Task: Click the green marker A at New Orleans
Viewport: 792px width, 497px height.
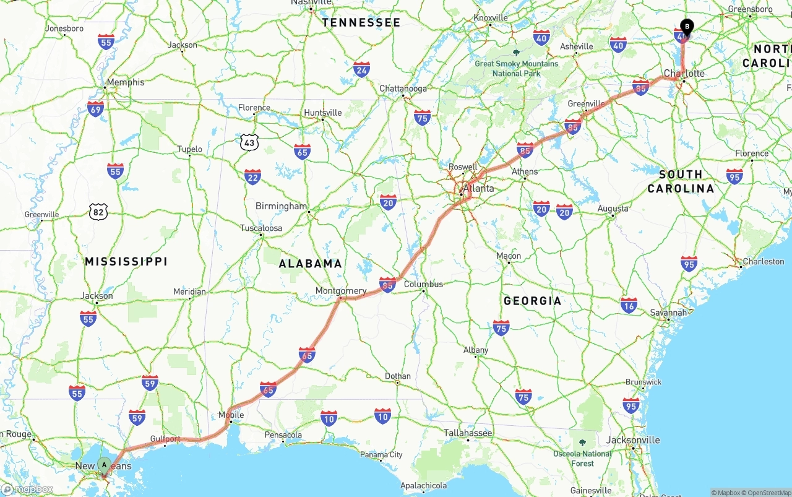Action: [x=105, y=464]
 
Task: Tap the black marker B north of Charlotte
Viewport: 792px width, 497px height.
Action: [x=686, y=27]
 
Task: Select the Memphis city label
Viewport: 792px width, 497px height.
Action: [x=126, y=82]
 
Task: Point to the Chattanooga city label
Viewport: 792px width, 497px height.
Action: [x=403, y=89]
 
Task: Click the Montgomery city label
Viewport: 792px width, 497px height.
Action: [x=341, y=291]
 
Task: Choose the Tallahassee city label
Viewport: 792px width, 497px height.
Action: [x=468, y=433]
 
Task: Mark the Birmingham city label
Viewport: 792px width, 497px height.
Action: [x=281, y=206]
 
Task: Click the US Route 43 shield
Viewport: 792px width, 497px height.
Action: [x=249, y=142]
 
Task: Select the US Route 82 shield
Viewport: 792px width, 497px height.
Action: [x=98, y=212]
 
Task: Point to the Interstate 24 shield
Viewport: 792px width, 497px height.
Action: [x=362, y=69]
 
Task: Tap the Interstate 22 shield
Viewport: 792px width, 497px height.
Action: [x=252, y=176]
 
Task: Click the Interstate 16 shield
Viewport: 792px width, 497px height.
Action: [x=629, y=305]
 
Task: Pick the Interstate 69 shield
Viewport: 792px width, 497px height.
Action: [x=95, y=109]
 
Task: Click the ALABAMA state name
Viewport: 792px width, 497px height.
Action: [x=310, y=264]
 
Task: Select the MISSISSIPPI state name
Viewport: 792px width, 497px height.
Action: [x=126, y=262]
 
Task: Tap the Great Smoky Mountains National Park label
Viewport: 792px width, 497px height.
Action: [x=516, y=68]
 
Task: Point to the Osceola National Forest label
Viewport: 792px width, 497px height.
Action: [x=582, y=458]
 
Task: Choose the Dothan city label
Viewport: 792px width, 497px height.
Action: [x=397, y=376]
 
